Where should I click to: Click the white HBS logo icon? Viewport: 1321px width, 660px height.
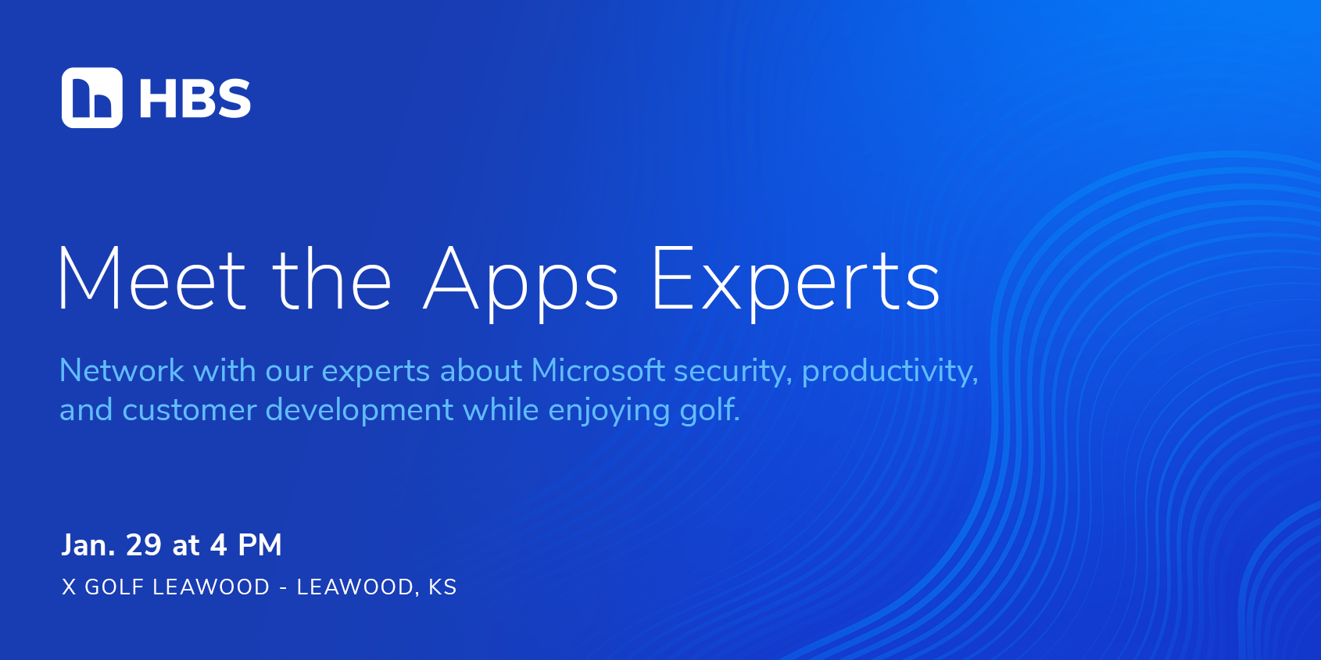(x=92, y=98)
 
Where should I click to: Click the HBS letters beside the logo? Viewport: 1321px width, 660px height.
(x=195, y=98)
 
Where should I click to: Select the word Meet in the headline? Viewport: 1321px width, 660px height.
(x=152, y=280)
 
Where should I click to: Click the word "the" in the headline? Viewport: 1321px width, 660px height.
(x=331, y=280)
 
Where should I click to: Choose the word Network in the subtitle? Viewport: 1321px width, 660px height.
(x=121, y=370)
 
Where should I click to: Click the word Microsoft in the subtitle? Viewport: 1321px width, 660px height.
(x=598, y=370)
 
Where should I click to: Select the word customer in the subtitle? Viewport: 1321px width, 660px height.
(x=189, y=410)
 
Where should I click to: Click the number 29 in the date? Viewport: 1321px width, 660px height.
(x=144, y=545)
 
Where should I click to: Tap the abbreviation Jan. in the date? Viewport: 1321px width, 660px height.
(x=88, y=545)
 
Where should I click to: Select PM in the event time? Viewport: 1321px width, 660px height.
(x=260, y=545)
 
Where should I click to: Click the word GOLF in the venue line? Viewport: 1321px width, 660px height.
(x=114, y=587)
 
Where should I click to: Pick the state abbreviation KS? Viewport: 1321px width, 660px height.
(x=442, y=587)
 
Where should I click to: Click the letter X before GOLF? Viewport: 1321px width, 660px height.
(x=69, y=587)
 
